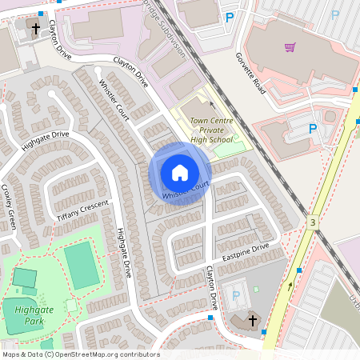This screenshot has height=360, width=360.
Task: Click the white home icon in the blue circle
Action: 180,172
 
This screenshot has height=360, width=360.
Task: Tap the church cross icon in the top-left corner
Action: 35,29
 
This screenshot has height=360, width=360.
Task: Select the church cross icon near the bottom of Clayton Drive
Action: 253,321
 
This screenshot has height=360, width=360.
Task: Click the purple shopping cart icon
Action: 290,46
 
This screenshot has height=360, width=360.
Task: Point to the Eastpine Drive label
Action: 247,254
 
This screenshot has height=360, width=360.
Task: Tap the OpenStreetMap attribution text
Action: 81,354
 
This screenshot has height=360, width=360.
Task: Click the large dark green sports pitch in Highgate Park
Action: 81,262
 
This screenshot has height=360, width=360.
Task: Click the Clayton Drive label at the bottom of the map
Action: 210,287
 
